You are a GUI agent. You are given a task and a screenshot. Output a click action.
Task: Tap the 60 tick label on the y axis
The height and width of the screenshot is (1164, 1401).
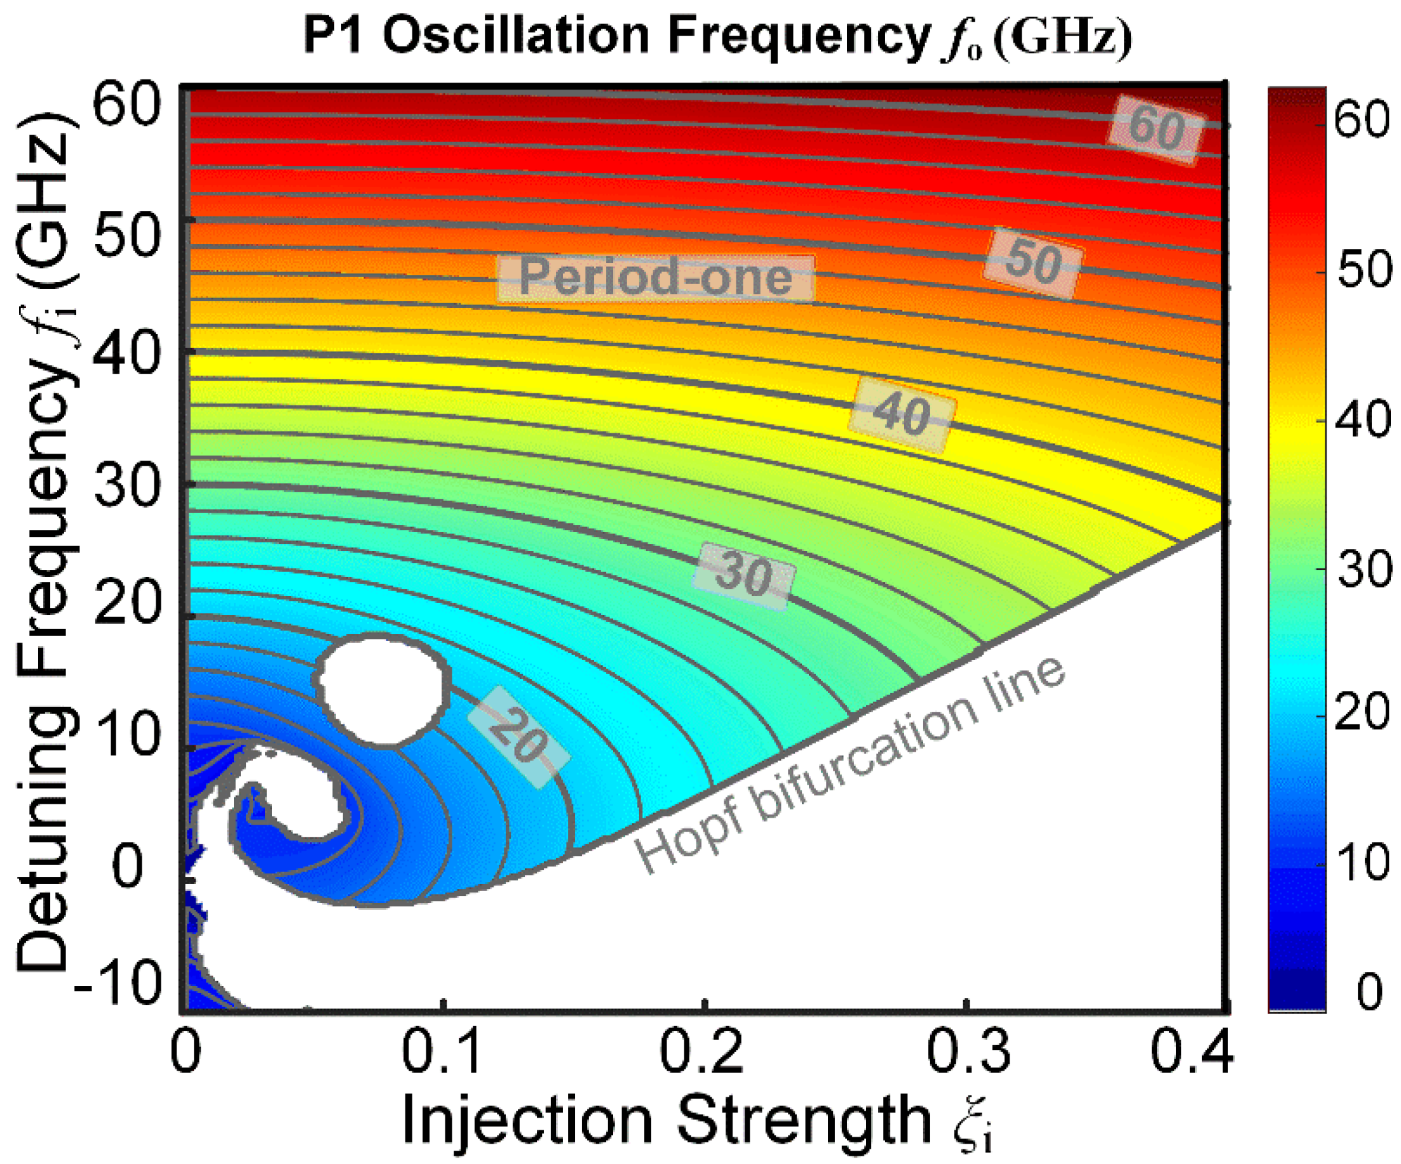click(127, 105)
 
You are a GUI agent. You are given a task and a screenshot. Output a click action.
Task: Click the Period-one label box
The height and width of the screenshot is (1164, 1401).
click(656, 278)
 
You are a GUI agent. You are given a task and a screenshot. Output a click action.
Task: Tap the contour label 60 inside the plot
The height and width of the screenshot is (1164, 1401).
click(1158, 129)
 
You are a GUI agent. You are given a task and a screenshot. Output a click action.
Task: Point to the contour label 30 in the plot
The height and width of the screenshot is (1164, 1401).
click(744, 575)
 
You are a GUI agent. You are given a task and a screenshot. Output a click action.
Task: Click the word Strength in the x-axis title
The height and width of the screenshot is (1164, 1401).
click(804, 1121)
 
